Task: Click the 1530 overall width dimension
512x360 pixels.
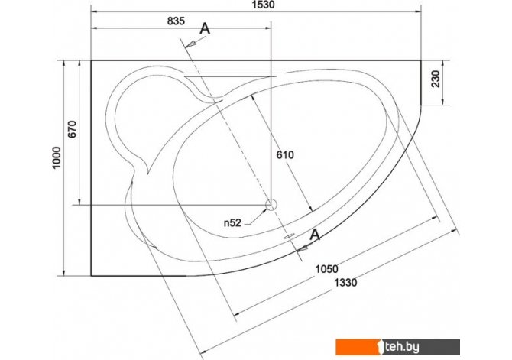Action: (x=263, y=5)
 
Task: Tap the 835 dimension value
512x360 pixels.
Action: (x=176, y=21)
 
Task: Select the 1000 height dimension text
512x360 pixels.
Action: (x=57, y=157)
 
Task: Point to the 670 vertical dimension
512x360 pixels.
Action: (x=72, y=129)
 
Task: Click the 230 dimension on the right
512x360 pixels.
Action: (x=436, y=79)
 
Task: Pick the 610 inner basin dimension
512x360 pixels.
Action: (x=285, y=154)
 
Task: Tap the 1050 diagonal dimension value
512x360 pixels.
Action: (x=326, y=269)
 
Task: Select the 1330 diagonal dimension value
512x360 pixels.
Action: (x=345, y=282)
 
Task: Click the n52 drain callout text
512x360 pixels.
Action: (x=232, y=222)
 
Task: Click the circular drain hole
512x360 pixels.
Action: (x=271, y=205)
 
